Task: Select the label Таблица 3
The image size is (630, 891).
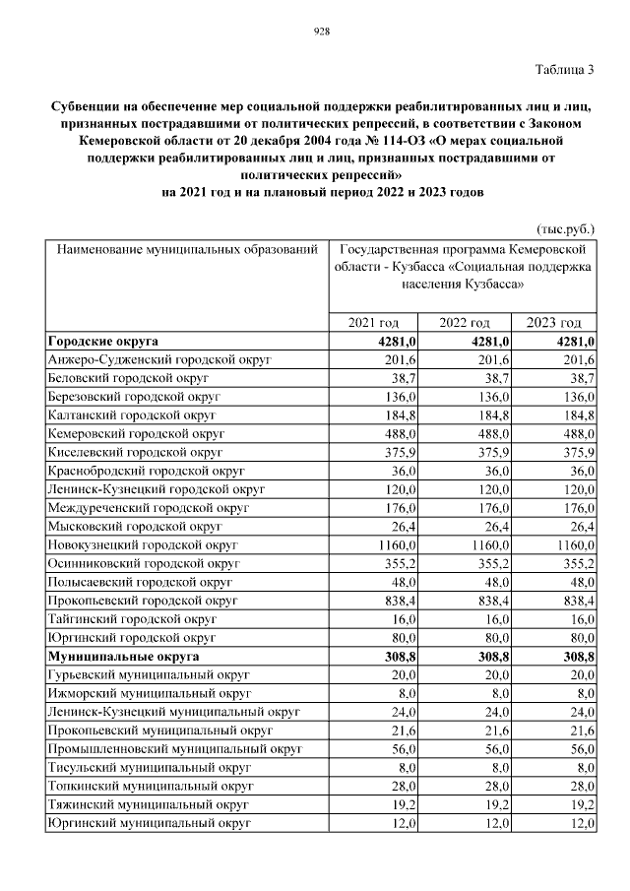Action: (x=565, y=70)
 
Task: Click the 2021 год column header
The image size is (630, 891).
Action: (x=373, y=323)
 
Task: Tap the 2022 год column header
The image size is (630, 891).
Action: (x=465, y=323)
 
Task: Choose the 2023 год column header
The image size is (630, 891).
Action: (x=554, y=323)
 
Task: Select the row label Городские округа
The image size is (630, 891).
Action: (x=103, y=342)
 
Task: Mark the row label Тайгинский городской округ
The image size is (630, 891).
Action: (x=131, y=619)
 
